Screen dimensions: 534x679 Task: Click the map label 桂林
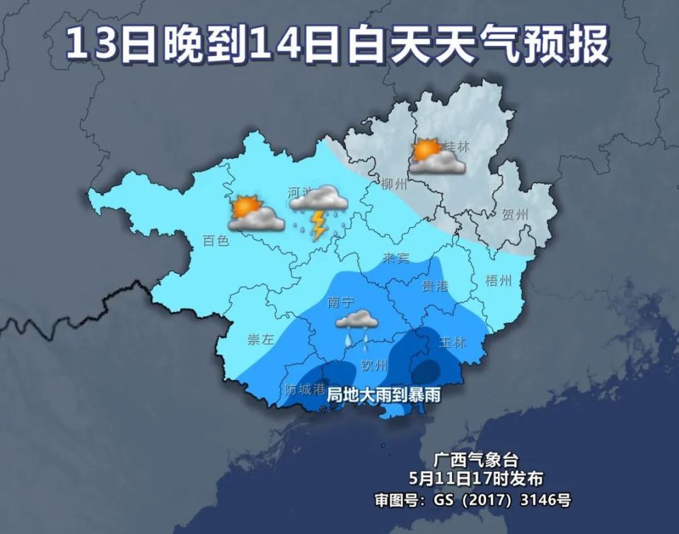coord(456,146)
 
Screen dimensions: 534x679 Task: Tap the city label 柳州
coord(394,185)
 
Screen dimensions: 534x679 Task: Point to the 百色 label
coord(216,241)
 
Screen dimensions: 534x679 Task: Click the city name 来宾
coord(396,258)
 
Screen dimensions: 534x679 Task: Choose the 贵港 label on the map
coord(435,286)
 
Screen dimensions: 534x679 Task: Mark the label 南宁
coord(342,302)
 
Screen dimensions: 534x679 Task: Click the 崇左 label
coord(260,339)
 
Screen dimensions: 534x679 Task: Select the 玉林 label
coord(453,343)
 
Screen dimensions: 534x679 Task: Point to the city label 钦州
coord(374,366)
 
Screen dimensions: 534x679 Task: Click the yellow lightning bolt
coord(319,226)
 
